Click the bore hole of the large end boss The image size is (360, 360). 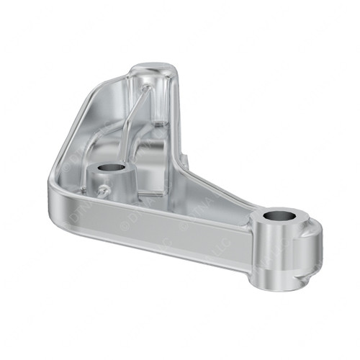279,216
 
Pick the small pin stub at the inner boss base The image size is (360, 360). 103,192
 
